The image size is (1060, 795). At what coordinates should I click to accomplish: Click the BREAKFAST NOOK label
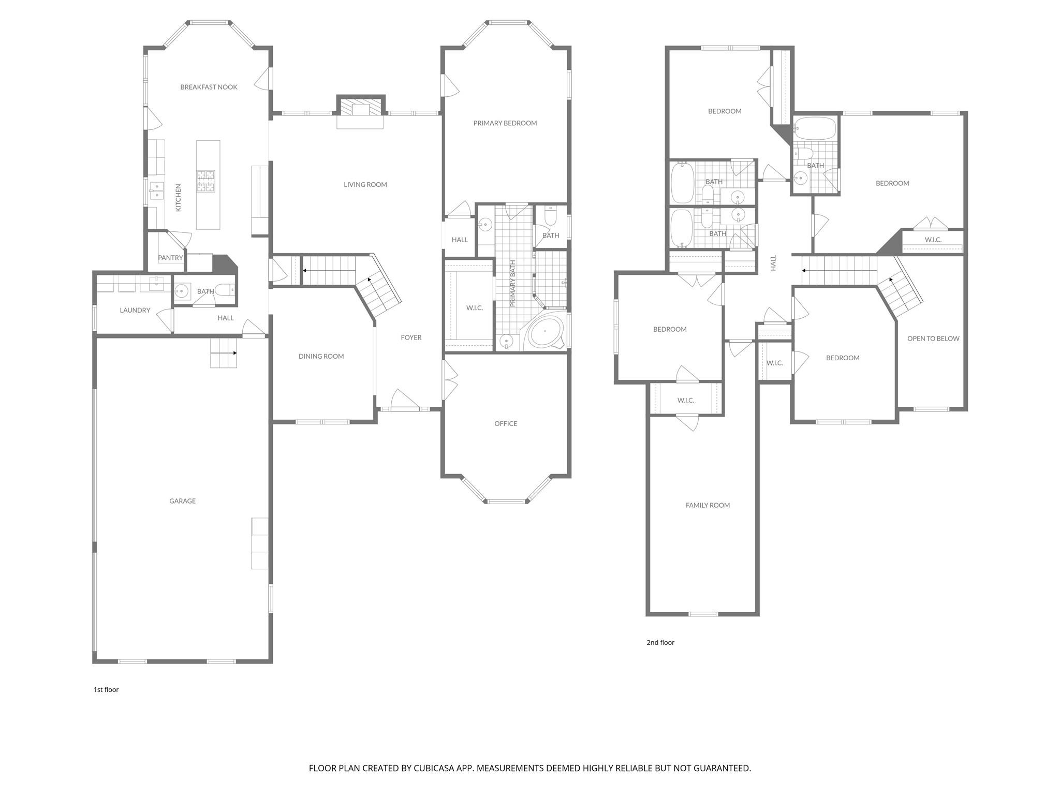209,87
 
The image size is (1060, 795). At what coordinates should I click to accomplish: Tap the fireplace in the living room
361,108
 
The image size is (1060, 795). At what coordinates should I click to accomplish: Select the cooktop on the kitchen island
205,181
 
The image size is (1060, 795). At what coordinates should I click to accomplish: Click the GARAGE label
182,501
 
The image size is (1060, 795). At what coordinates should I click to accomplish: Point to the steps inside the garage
223,353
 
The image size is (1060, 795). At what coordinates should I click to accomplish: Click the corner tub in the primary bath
545,331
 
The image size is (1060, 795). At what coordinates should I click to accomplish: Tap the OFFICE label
506,423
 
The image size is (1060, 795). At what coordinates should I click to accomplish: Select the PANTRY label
170,258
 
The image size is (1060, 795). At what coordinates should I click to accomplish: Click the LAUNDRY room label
135,311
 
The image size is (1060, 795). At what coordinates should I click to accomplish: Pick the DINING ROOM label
321,356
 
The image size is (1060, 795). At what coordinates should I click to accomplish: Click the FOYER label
411,337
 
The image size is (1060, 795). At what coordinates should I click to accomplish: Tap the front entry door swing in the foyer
405,399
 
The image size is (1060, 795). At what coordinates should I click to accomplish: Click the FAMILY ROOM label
708,505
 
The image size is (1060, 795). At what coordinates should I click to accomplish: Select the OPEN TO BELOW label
933,338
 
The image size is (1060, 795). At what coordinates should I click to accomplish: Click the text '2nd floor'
660,642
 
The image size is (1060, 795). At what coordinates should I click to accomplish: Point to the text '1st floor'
106,689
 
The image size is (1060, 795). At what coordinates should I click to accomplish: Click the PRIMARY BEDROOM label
505,123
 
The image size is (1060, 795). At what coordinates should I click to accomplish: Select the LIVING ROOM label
365,185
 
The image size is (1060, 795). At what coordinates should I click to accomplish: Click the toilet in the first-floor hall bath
225,290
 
